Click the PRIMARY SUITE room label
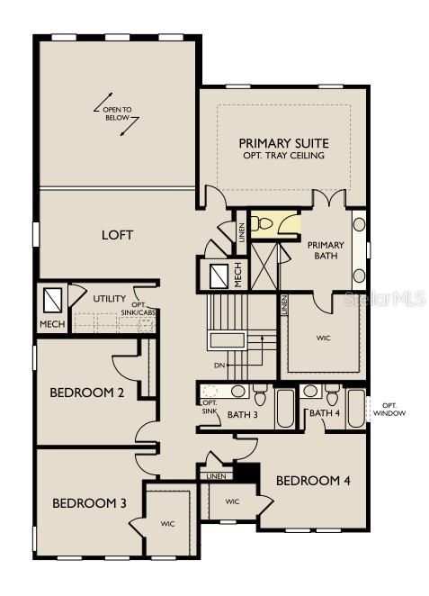coord(283,143)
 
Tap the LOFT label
coord(117,235)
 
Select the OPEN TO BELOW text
coord(118,115)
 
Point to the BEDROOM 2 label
coord(87,392)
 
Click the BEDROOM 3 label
coord(88,502)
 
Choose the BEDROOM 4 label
coord(312,480)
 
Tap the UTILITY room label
coord(109,299)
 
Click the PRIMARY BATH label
coord(325,250)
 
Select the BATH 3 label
coord(243,414)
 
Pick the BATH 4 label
coord(324,413)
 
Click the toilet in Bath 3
coord(260,393)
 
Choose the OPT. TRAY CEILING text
coord(283,156)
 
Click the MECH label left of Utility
coord(49,324)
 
